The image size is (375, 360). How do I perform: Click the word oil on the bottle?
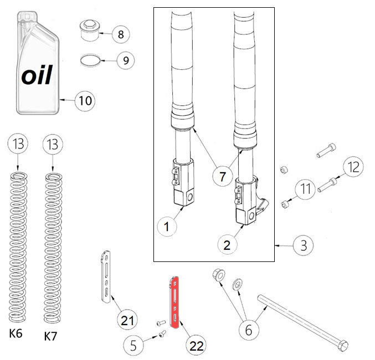tap(37, 75)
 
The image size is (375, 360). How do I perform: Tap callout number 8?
tap(120, 34)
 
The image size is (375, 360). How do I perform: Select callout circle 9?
tap(125, 60)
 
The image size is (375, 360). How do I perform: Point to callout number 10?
tap(85, 101)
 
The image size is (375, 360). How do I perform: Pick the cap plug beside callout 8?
tap(89, 30)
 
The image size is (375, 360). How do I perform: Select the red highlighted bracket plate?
tap(173, 303)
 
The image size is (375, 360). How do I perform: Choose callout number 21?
tap(127, 320)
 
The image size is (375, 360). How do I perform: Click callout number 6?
tap(249, 330)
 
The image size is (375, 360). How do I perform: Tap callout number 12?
tap(353, 166)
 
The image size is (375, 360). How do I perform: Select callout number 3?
tap(302, 245)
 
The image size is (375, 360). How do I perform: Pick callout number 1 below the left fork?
tap(167, 226)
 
